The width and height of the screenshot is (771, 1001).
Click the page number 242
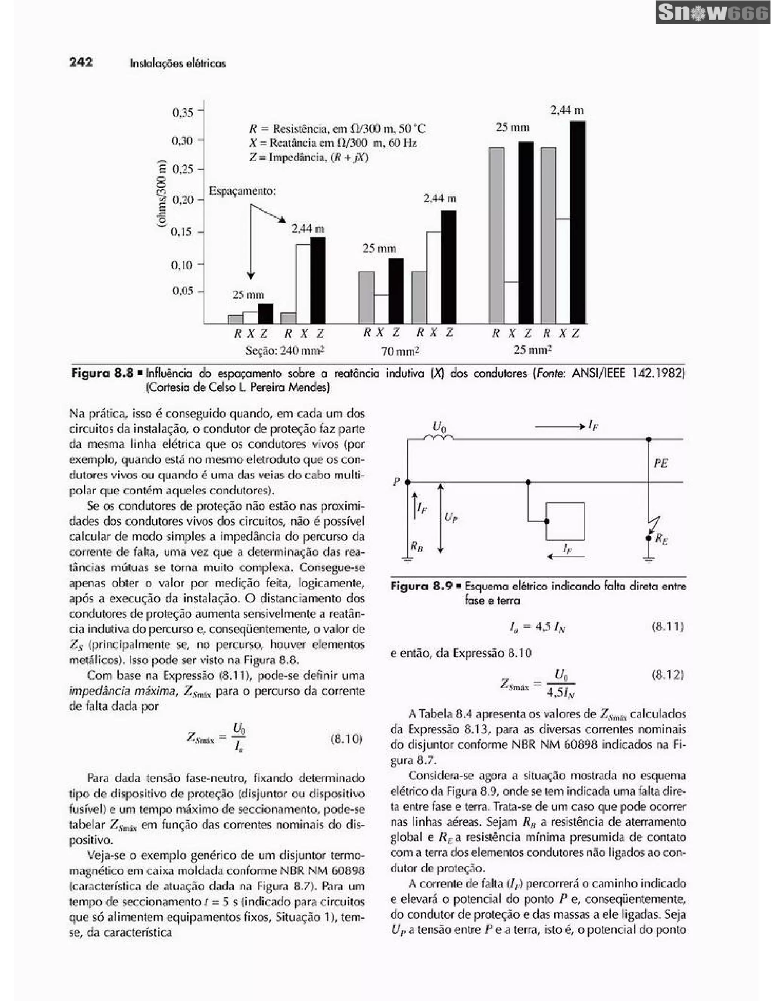point(81,62)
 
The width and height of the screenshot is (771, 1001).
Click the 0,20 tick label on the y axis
point(183,200)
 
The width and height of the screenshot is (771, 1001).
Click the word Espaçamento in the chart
point(242,191)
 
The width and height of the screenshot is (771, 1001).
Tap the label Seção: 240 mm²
point(285,351)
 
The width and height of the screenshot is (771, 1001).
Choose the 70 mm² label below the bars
point(400,351)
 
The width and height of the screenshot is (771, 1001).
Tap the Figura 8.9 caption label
point(421,586)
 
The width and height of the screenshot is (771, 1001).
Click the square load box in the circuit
point(565,522)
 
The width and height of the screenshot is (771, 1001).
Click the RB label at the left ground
point(416,546)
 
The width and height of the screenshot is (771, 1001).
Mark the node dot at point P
point(407,482)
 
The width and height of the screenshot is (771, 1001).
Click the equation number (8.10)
point(346,738)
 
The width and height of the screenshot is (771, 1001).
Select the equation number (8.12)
point(667,675)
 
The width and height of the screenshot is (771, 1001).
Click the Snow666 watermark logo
point(713,12)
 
